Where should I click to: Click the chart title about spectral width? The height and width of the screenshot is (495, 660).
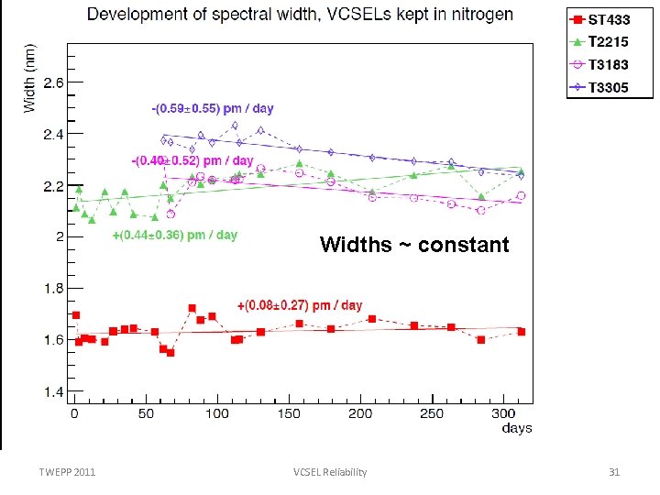coord(300,16)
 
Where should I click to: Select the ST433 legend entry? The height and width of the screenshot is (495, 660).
coord(606,20)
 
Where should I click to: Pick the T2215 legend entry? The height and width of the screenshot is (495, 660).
coord(606,42)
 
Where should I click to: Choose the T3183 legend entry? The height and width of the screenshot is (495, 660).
coord(606,65)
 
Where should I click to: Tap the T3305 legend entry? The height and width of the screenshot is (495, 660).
coord(606,88)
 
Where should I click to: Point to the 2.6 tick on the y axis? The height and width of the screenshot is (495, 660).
coord(55,82)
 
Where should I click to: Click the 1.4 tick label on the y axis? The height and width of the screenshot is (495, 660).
coord(55,391)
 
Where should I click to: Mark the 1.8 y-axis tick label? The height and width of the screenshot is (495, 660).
coord(55,289)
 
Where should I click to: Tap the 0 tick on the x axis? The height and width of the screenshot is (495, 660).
coord(75,413)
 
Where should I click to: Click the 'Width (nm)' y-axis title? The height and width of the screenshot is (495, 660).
coord(29,79)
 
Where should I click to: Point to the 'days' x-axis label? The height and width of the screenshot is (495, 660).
coord(517,428)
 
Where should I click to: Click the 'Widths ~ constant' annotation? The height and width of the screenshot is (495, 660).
coord(414,245)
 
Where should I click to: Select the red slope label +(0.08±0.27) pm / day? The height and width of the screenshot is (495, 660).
coord(300,305)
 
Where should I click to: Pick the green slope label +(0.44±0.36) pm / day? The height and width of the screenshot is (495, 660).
coord(174,236)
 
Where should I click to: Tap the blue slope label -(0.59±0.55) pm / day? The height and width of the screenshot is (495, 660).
coord(212,108)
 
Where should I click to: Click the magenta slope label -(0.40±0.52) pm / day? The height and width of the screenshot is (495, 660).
coord(192,161)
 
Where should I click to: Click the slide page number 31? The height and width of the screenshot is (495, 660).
coord(615,472)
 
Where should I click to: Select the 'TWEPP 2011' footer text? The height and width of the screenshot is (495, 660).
coord(67,472)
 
